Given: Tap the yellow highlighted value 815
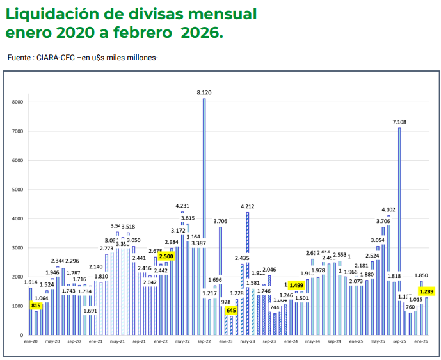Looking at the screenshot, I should pyautogui.click(x=36, y=306).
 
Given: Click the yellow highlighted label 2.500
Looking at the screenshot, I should pyautogui.click(x=166, y=256).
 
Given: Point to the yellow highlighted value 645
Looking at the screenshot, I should pyautogui.click(x=231, y=311).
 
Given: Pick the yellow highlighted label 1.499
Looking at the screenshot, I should pyautogui.click(x=296, y=286).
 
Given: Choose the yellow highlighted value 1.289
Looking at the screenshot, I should pyautogui.click(x=427, y=291).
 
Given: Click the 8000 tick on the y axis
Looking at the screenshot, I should pyautogui.click(x=18, y=102).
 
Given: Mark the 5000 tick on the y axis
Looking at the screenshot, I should pyautogui.click(x=18, y=190).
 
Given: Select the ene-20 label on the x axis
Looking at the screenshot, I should pyautogui.click(x=30, y=342).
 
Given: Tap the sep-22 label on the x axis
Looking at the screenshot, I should pyautogui.click(x=204, y=342).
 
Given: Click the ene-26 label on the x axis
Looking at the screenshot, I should pyautogui.click(x=421, y=342).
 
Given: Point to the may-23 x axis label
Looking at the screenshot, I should pyautogui.click(x=248, y=342).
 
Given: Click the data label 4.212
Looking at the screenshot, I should pyautogui.click(x=248, y=206).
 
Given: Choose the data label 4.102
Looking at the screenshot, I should pyautogui.click(x=389, y=209).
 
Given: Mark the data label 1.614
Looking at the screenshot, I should pyautogui.click(x=31, y=282).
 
